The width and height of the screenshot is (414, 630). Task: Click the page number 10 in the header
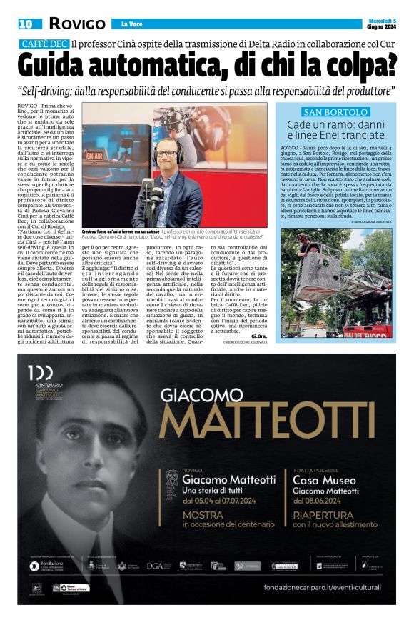coord(25,24)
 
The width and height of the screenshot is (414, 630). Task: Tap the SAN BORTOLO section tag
coord(335,112)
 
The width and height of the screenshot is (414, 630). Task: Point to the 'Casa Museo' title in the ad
coord(324,480)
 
